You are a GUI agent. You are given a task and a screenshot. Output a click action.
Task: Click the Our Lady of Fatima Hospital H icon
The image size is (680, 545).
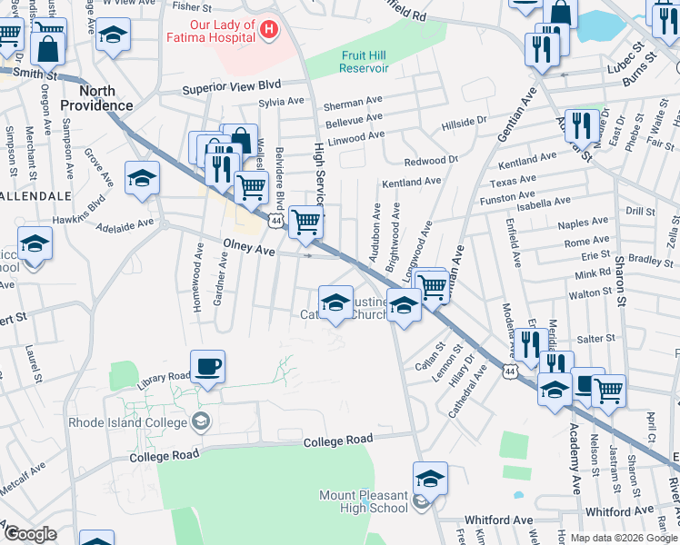tap(268, 30)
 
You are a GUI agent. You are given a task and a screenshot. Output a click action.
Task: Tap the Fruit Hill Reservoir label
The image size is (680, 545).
tap(365, 62)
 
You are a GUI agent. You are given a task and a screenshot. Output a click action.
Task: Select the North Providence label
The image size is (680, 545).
tap(97, 98)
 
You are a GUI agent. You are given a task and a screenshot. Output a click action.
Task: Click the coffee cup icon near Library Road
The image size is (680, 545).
tap(208, 366)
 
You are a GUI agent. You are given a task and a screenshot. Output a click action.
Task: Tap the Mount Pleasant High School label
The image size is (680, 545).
tap(364, 501)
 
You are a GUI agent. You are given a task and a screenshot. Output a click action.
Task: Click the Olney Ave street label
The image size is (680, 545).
tap(249, 249)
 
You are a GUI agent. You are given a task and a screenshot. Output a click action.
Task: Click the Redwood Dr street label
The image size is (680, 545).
tap(431, 161)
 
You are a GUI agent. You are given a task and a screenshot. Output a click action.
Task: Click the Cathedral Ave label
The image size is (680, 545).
tap(469, 391)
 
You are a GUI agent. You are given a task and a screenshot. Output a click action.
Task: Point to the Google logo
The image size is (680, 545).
tap(30, 534)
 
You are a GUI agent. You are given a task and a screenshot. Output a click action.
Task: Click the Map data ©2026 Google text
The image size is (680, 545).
tap(624, 538)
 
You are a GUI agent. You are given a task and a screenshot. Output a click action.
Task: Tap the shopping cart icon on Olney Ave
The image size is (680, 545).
tap(306, 221)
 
